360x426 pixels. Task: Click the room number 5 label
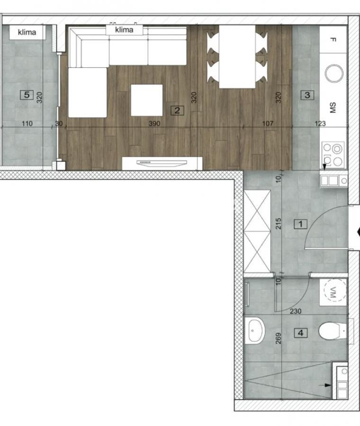click(x=27, y=95)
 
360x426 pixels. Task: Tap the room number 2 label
click(x=177, y=111)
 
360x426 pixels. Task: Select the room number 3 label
click(x=307, y=95)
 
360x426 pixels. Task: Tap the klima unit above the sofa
click(x=124, y=30)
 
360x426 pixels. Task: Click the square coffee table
click(x=147, y=100)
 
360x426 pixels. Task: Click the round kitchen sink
click(x=334, y=73)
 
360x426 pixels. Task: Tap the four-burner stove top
click(x=333, y=154)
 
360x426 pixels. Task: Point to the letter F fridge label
click(x=333, y=40)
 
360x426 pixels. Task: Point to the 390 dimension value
click(x=154, y=124)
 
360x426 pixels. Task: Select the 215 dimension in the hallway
click(x=279, y=223)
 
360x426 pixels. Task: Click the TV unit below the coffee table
click(x=162, y=163)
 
